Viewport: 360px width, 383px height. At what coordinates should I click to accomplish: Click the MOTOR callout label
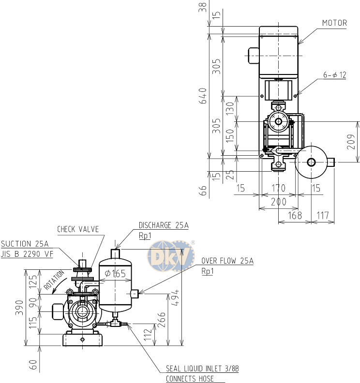[334, 23]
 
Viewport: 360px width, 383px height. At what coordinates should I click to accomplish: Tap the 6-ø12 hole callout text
[334, 75]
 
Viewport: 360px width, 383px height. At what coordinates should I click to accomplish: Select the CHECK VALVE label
[78, 229]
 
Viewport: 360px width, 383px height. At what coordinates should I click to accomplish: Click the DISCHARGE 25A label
[164, 225]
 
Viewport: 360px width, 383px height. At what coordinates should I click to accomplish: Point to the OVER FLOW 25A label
[227, 261]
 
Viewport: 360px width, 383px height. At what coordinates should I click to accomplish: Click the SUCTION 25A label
[25, 244]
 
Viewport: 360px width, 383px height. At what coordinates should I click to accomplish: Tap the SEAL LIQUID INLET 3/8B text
[202, 368]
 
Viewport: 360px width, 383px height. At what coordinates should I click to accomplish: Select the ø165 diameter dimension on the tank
[115, 274]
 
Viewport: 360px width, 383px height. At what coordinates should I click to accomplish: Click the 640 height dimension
[203, 96]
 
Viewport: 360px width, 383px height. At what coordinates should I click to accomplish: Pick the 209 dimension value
[351, 142]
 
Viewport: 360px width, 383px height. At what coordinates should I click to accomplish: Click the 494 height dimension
[175, 297]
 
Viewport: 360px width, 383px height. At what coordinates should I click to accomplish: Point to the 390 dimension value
[19, 308]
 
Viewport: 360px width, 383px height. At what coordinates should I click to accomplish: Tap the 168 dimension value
[295, 216]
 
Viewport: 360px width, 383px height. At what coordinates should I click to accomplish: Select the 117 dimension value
[323, 216]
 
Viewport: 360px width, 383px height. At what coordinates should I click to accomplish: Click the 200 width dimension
[279, 202]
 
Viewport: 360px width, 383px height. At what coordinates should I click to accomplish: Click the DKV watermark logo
[171, 256]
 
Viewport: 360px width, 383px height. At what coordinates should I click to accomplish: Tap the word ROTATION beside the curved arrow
[54, 280]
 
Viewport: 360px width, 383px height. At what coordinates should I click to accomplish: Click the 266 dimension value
[162, 320]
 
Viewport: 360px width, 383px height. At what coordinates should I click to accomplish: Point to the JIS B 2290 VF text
[27, 254]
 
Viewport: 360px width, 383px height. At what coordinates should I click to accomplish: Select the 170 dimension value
[279, 188]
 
